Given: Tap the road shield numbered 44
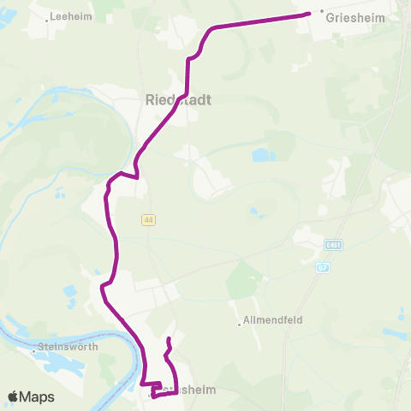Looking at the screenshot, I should pos(149,220).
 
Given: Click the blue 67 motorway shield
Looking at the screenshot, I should pos(322,268).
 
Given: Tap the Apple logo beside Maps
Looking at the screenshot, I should pos(15,396).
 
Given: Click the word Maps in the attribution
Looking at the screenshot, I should pos(39,396).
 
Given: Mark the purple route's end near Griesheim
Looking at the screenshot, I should pos(308,14).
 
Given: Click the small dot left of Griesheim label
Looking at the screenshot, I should pos(322,12).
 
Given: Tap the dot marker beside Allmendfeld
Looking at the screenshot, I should pos(239,324).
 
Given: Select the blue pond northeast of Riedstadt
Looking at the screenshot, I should pos(260,156).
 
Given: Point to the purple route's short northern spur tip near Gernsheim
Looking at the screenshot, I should pos(169,340).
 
